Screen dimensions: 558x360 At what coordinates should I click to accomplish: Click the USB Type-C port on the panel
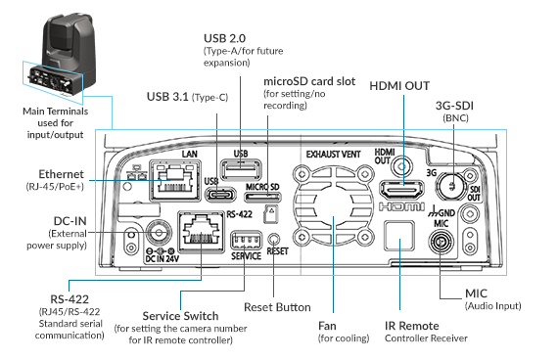coord(221,195)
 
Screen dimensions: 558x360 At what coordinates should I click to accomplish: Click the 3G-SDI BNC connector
coord(451,185)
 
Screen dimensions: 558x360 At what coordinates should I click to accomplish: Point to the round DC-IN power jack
coord(159,234)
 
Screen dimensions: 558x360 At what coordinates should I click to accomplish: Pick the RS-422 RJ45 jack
coord(202,232)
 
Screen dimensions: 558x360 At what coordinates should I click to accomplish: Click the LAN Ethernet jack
coord(175,181)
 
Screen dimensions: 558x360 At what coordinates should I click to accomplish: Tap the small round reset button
coord(274,239)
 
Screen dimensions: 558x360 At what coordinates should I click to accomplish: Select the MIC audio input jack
coord(441,243)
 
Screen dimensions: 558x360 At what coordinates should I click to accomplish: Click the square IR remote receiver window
coord(399,236)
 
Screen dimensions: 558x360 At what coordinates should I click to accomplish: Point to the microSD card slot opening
coord(262,197)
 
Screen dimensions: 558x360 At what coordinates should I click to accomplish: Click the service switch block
coord(246,241)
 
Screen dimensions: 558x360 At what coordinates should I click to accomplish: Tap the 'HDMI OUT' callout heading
coord(399,86)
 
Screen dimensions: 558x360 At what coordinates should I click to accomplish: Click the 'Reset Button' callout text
coord(277,307)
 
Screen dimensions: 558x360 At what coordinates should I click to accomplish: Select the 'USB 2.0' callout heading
coord(224,38)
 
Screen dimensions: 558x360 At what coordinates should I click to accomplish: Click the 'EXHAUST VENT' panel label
coord(334,154)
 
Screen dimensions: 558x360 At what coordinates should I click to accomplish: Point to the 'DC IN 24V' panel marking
coord(162,259)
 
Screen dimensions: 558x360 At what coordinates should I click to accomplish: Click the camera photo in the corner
coord(61,57)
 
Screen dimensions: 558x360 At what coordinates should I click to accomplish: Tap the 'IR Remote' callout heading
coord(412,326)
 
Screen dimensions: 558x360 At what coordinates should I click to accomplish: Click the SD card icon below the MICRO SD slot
coord(271,214)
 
